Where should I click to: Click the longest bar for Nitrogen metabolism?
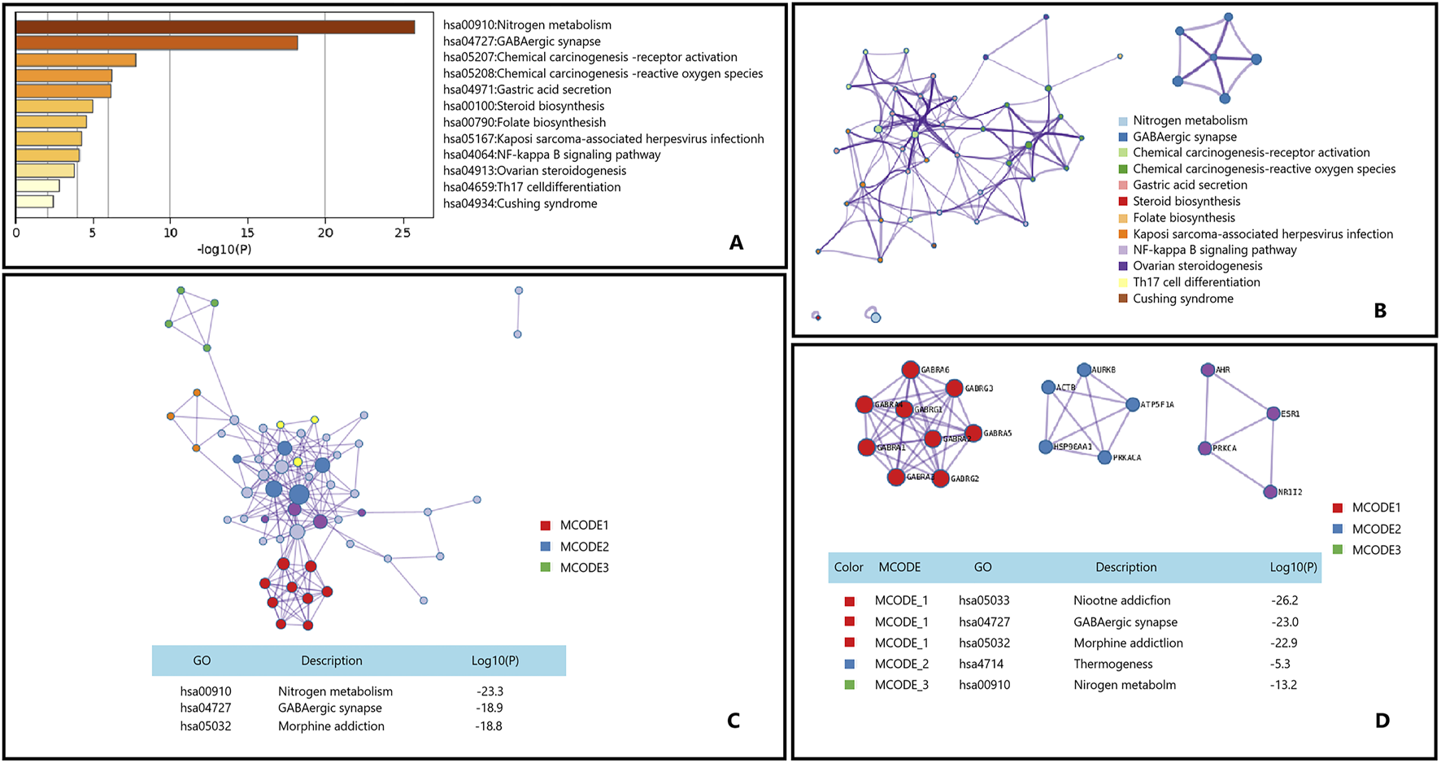pos(215,27)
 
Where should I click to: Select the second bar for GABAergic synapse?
pos(156,43)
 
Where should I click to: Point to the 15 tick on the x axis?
pos(248,233)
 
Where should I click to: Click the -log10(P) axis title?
pos(224,249)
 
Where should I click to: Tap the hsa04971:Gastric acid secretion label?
pos(527,89)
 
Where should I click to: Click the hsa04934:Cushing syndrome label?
pos(520,203)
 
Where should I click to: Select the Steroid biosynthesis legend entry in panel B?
pos(1186,201)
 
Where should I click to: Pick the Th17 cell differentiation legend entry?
pos(1196,282)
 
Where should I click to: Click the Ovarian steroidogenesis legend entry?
pos(1197,266)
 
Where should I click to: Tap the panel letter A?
pos(736,242)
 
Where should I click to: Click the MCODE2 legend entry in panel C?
pos(584,547)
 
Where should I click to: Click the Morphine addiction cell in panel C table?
pos(331,726)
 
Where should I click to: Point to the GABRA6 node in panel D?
pos(911,370)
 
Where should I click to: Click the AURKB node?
pos(1084,370)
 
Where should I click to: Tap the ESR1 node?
pos(1273,414)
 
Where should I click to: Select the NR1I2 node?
pos(1270,492)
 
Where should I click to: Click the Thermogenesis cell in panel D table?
pos(1112,664)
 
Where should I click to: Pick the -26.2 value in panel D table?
pos(1284,600)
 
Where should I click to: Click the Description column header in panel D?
pos(1125,567)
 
